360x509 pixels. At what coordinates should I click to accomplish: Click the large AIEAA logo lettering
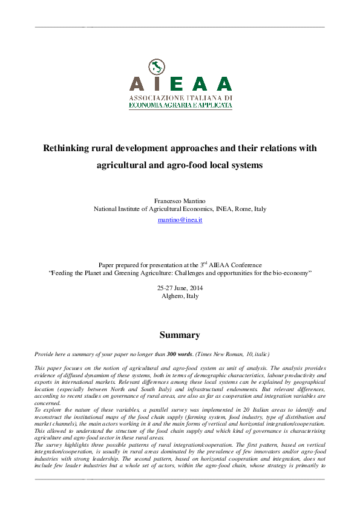click(x=180, y=83)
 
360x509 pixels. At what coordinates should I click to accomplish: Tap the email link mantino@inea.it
click(x=180, y=220)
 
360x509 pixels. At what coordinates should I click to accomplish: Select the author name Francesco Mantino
click(x=180, y=199)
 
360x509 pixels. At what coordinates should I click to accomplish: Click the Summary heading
click(x=180, y=334)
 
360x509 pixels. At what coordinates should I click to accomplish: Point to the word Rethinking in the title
click(x=67, y=148)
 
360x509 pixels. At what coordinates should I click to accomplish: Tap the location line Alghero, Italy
click(x=180, y=296)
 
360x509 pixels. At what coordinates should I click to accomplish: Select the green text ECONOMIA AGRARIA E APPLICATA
click(x=180, y=105)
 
